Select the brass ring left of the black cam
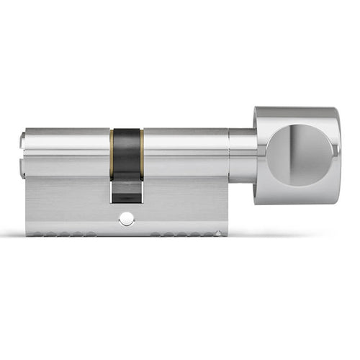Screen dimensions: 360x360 coord(112,153)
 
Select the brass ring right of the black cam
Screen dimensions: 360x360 coord(142,153)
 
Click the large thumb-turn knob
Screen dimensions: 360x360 coord(297,155)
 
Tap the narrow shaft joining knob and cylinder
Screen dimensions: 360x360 coord(243,155)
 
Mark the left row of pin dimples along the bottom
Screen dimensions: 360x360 coord(61,233)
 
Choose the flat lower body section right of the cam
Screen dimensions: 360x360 coord(184,205)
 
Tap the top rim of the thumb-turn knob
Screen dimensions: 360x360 coord(295,112)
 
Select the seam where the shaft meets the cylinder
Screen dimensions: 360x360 coord(230,155)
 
